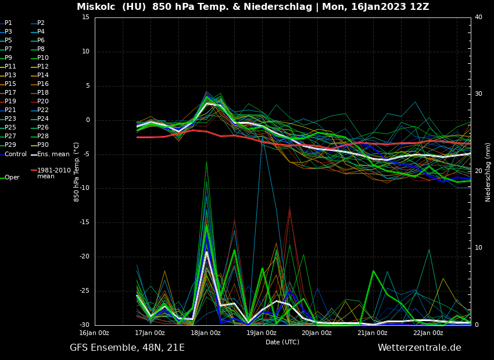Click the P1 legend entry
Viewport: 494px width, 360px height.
pos(8,23)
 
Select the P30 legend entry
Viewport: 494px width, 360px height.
pos(42,145)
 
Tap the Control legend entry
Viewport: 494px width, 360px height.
pos(15,154)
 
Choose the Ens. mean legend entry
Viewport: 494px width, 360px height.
pos(52,154)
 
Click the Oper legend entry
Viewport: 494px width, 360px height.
pos(12,178)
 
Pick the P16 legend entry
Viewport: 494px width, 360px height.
pos(42,84)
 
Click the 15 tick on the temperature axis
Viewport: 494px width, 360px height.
pos(85,17)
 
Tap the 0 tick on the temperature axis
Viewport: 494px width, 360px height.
pos(87,120)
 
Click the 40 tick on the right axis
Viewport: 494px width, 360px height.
pos(478,17)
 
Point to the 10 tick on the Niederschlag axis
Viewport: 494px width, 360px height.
pos(478,248)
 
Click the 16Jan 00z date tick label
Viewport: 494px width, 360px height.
pos(94,333)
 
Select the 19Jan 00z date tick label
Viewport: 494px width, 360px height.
pos(261,333)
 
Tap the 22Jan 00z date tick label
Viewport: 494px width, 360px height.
pos(428,333)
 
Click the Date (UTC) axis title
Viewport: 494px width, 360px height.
pos(282,343)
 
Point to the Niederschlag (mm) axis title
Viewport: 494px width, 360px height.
pos(488,172)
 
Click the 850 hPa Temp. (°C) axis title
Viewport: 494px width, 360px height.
pos(77,172)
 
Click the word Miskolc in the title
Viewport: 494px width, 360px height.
pos(95,7)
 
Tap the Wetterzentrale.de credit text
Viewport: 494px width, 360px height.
pos(419,348)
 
